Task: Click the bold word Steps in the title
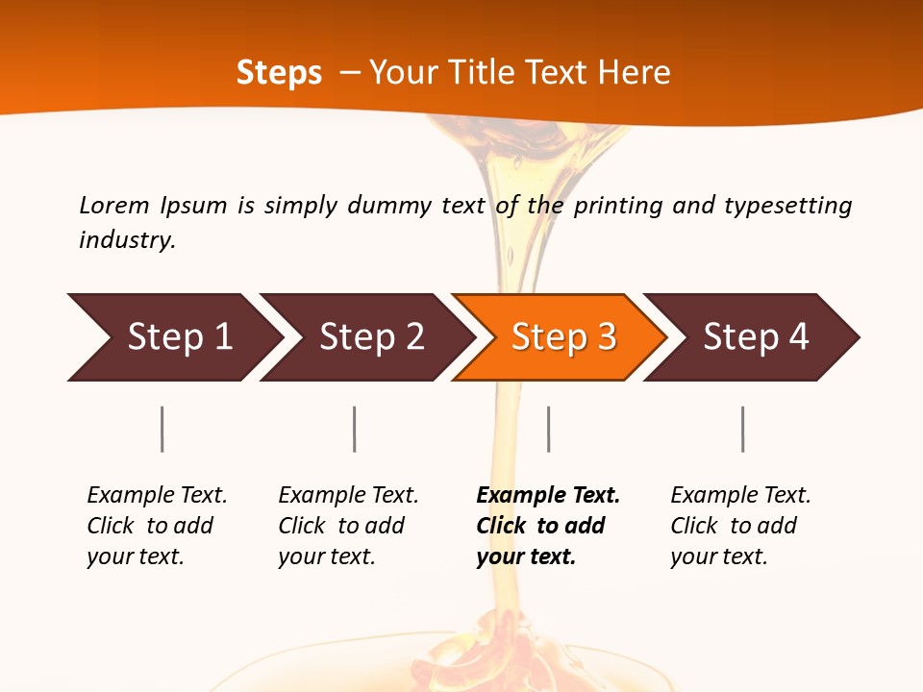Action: pos(279,73)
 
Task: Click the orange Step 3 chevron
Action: pos(563,337)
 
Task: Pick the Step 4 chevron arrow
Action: pos(756,337)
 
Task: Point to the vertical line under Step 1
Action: pos(162,429)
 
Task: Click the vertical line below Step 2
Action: pos(355,429)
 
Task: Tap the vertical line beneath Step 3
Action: pos(548,429)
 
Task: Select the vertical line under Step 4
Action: pos(742,429)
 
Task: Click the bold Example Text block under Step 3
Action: pos(545,526)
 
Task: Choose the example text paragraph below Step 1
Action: pos(156,526)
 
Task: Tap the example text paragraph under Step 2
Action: pos(347,526)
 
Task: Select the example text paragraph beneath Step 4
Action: pos(739,526)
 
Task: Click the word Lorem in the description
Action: pos(114,206)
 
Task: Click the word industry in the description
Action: pos(127,240)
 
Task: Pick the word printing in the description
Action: pos(617,206)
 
